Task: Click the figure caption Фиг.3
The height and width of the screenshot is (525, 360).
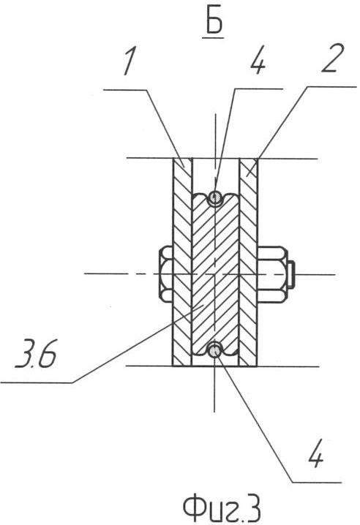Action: click(222, 508)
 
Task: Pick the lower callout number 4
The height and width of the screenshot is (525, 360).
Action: click(315, 455)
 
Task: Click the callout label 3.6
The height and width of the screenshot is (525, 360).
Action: click(36, 354)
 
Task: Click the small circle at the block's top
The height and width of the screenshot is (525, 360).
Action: click(215, 198)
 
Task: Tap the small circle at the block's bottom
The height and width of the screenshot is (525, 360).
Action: click(214, 350)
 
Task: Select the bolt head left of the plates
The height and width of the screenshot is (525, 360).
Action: click(165, 274)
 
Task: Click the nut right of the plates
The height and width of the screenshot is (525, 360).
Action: click(272, 274)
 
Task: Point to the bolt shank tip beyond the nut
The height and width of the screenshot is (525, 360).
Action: click(291, 274)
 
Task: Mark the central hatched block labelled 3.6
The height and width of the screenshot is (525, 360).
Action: click(215, 274)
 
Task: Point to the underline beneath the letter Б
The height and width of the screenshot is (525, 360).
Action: click(214, 38)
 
